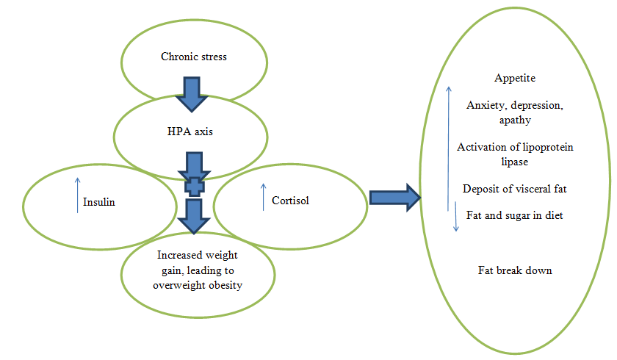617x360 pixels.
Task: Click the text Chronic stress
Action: pos(194,57)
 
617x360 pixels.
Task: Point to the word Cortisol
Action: pos(290,200)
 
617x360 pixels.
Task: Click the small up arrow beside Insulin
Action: pos(77,195)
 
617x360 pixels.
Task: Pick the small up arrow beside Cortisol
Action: pos(263,196)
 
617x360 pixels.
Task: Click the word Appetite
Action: pos(514,78)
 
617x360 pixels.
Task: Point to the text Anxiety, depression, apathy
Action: pos(514,112)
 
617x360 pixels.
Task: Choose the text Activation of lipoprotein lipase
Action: pos(515,154)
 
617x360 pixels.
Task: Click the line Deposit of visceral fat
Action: pos(514,189)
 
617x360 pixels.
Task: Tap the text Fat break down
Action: pos(515,270)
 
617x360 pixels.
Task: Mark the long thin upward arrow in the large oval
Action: pos(448,147)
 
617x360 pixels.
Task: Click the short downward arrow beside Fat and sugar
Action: pos(455,221)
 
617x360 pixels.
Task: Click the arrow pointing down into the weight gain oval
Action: pos(195,217)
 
